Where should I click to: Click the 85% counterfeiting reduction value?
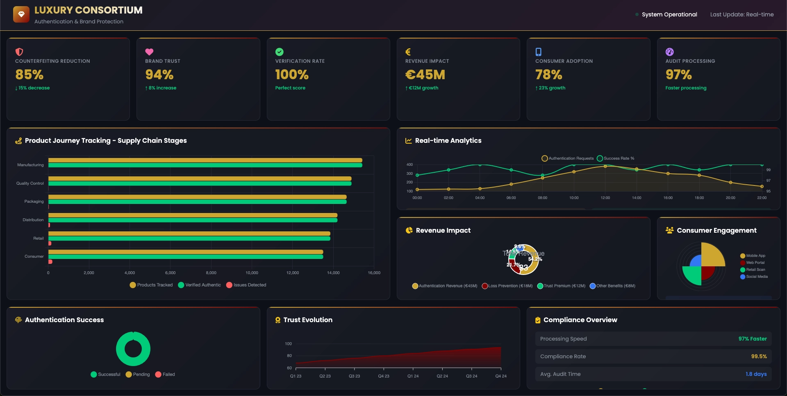(29, 75)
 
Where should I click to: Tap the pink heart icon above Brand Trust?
(149, 52)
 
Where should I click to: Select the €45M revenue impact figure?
(425, 75)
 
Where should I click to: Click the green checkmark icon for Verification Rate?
(279, 52)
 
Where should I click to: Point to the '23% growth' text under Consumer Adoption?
(552, 88)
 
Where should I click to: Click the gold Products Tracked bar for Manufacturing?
(205, 160)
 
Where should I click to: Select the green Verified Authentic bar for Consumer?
(186, 257)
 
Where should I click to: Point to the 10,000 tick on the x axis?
(252, 273)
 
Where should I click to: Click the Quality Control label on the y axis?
(30, 183)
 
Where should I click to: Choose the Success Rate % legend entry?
(616, 158)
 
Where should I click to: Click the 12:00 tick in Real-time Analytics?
(605, 198)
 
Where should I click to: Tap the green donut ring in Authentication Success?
(133, 334)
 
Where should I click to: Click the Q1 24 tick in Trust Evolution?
(413, 376)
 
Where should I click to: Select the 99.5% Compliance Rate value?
(759, 357)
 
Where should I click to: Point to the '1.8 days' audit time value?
(756, 374)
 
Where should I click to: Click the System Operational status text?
(669, 14)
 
